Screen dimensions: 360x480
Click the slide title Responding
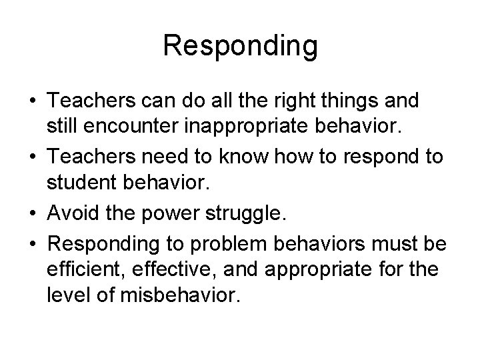pyautogui.click(x=240, y=46)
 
